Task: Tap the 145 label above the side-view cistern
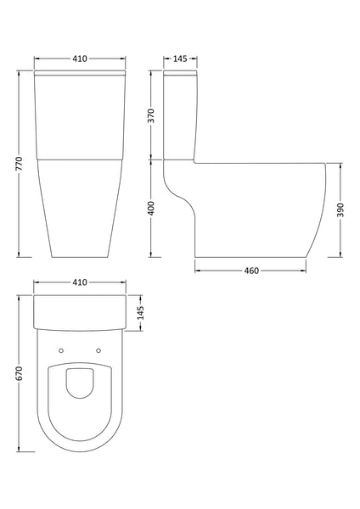pyautogui.click(x=180, y=59)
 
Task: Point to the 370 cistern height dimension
pyautogui.click(x=151, y=116)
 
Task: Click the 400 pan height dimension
pyautogui.click(x=151, y=209)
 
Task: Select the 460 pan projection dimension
pyautogui.click(x=250, y=271)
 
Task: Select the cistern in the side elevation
pyautogui.click(x=180, y=115)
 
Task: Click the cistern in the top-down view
pyautogui.click(x=81, y=312)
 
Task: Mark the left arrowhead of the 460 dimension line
pyautogui.click(x=198, y=271)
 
